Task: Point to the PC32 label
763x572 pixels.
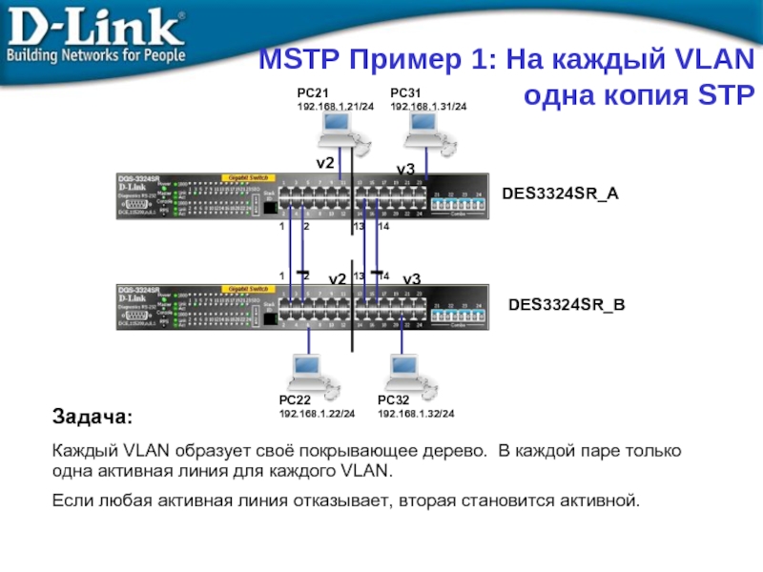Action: click(x=393, y=401)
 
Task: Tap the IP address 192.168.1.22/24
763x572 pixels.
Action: click(x=317, y=414)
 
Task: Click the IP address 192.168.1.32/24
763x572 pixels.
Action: click(x=416, y=414)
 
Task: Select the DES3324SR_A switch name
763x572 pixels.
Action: click(x=560, y=194)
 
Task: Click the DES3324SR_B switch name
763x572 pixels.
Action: click(x=567, y=307)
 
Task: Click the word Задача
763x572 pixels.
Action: click(x=93, y=419)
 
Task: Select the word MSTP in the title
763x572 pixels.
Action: click(x=295, y=63)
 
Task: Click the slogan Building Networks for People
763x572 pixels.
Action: click(x=94, y=55)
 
